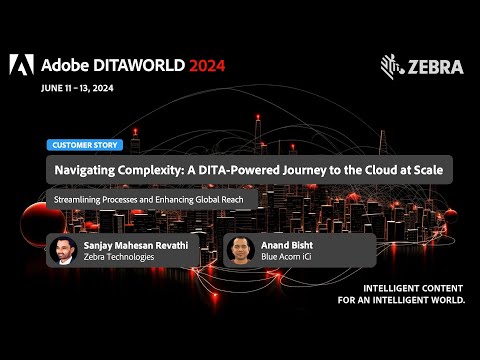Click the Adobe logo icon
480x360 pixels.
click(21, 65)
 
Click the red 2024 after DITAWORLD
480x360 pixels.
click(203, 66)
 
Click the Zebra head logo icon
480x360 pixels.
click(392, 66)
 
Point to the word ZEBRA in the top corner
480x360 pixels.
click(436, 67)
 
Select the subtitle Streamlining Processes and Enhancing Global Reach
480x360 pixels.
click(150, 198)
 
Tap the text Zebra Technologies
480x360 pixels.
click(117, 257)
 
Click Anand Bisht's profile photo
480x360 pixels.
click(240, 249)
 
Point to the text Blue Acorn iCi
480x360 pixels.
click(288, 257)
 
